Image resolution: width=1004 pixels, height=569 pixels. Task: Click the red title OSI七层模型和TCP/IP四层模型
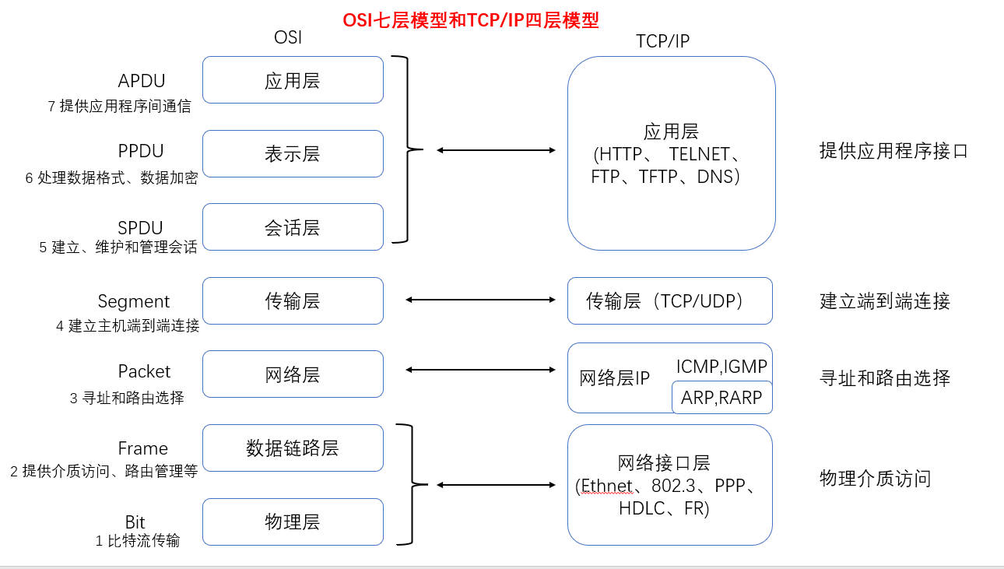[x=471, y=20]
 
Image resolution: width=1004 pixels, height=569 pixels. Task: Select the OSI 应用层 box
[x=293, y=80]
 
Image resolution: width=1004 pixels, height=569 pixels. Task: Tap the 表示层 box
[x=293, y=154]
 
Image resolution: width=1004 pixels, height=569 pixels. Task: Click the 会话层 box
[x=293, y=227]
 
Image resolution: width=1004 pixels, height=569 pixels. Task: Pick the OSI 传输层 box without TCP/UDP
[x=293, y=301]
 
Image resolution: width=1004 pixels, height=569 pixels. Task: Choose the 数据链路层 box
[x=293, y=448]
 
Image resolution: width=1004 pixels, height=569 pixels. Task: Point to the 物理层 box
[x=293, y=522]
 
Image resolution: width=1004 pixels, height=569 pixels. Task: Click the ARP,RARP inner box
[x=721, y=398]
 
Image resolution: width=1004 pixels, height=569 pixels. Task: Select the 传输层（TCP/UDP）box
[x=669, y=301]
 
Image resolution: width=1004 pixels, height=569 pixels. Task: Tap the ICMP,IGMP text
[x=721, y=366]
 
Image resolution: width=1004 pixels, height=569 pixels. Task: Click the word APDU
[x=142, y=81]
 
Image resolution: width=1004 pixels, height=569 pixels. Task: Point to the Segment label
[x=134, y=302]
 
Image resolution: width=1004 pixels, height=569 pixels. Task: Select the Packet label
[x=144, y=371]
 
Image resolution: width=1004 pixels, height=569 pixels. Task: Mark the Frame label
[x=142, y=448]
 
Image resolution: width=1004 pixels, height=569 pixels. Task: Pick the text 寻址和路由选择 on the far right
[x=885, y=379]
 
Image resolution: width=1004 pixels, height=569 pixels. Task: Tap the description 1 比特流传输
[x=137, y=540]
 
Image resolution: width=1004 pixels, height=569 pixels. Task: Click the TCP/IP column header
[x=662, y=42]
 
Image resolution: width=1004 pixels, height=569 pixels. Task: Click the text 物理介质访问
[x=875, y=478]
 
